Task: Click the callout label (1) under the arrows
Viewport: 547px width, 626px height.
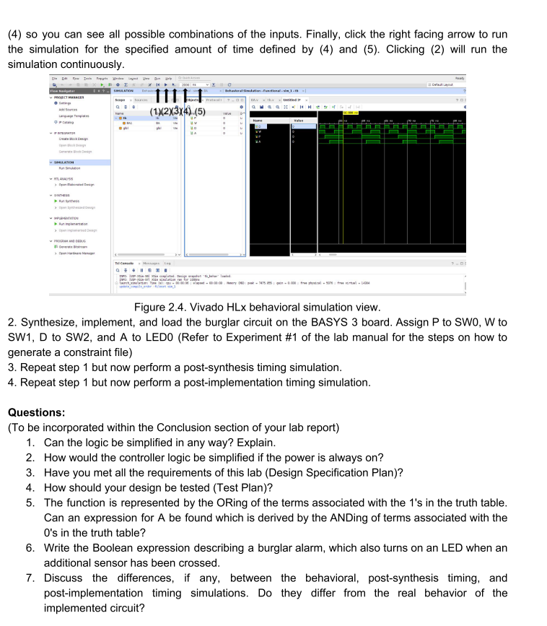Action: [x=156, y=112]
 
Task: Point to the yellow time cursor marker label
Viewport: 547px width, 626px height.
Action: [x=350, y=113]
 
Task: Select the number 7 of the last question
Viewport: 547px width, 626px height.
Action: [x=30, y=578]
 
